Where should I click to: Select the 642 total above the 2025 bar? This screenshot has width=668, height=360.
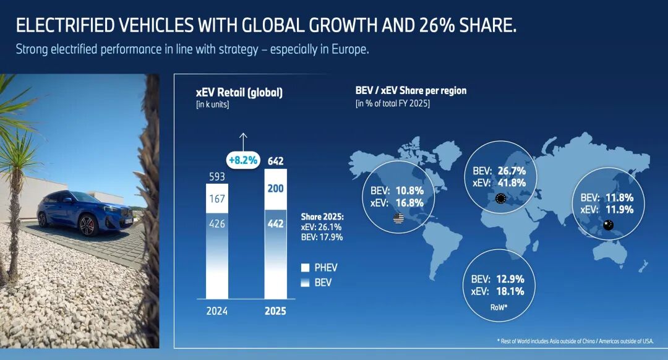click(276, 161)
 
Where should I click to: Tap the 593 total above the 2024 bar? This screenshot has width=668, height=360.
click(216, 177)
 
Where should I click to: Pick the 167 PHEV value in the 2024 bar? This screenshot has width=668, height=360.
click(216, 200)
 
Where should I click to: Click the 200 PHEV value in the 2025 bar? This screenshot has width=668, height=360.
click(276, 188)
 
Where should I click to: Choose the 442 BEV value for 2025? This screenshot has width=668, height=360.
click(276, 224)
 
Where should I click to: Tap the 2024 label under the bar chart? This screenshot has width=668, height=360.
click(216, 311)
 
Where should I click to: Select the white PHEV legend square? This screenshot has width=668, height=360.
click(305, 268)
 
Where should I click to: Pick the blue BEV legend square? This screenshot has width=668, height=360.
click(305, 283)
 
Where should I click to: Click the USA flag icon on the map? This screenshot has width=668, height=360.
click(398, 218)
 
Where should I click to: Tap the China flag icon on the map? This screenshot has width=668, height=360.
click(608, 226)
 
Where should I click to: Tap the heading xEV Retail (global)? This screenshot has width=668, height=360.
click(239, 93)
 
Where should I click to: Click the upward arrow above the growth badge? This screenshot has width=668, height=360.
click(243, 139)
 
